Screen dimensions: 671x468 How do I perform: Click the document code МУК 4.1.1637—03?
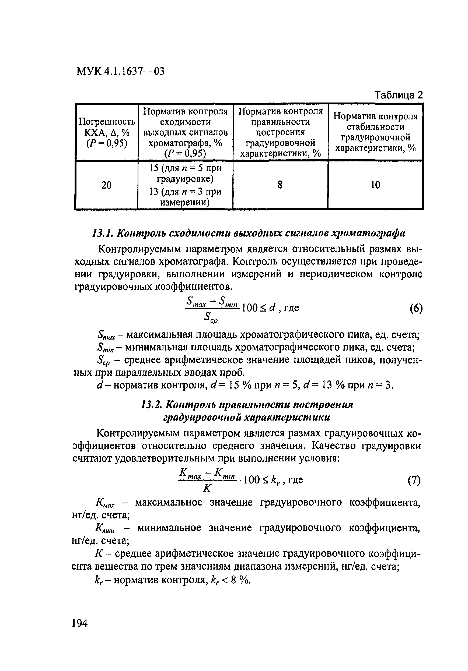[120, 71]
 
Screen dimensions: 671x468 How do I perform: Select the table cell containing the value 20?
[106, 185]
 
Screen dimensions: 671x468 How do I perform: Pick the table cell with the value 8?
[280, 185]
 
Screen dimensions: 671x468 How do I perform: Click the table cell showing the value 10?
[375, 185]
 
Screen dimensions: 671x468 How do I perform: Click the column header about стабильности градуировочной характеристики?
[375, 132]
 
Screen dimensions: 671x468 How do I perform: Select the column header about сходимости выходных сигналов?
[185, 132]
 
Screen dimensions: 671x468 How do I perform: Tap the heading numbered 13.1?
[249, 233]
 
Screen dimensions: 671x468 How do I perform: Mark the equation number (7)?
[414, 481]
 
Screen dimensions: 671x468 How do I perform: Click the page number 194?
[79, 623]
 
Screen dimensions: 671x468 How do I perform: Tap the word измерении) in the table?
[185, 203]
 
